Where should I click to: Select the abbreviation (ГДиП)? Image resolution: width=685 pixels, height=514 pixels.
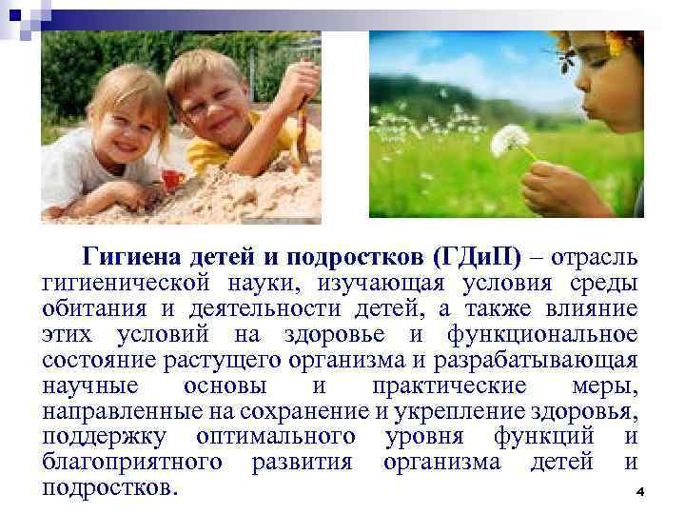pyautogui.click(x=476, y=257)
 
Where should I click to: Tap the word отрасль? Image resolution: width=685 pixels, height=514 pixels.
pyautogui.click(x=597, y=257)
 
